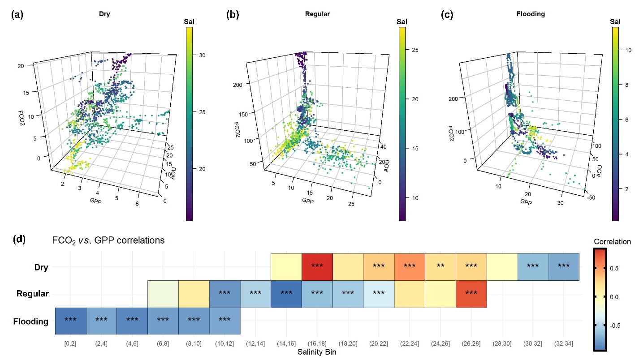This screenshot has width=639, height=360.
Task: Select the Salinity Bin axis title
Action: pyautogui.click(x=317, y=352)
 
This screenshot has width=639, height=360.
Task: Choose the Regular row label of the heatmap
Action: pyautogui.click(x=32, y=294)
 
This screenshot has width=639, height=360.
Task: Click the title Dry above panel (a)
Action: pyautogui.click(x=105, y=14)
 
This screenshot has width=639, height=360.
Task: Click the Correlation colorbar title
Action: pyautogui.click(x=612, y=242)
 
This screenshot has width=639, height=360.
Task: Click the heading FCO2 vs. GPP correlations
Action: pyautogui.click(x=108, y=240)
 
